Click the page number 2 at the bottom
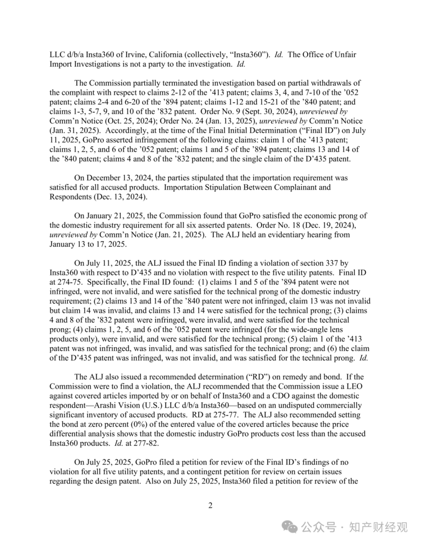(210, 505)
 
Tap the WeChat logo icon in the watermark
(290, 528)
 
